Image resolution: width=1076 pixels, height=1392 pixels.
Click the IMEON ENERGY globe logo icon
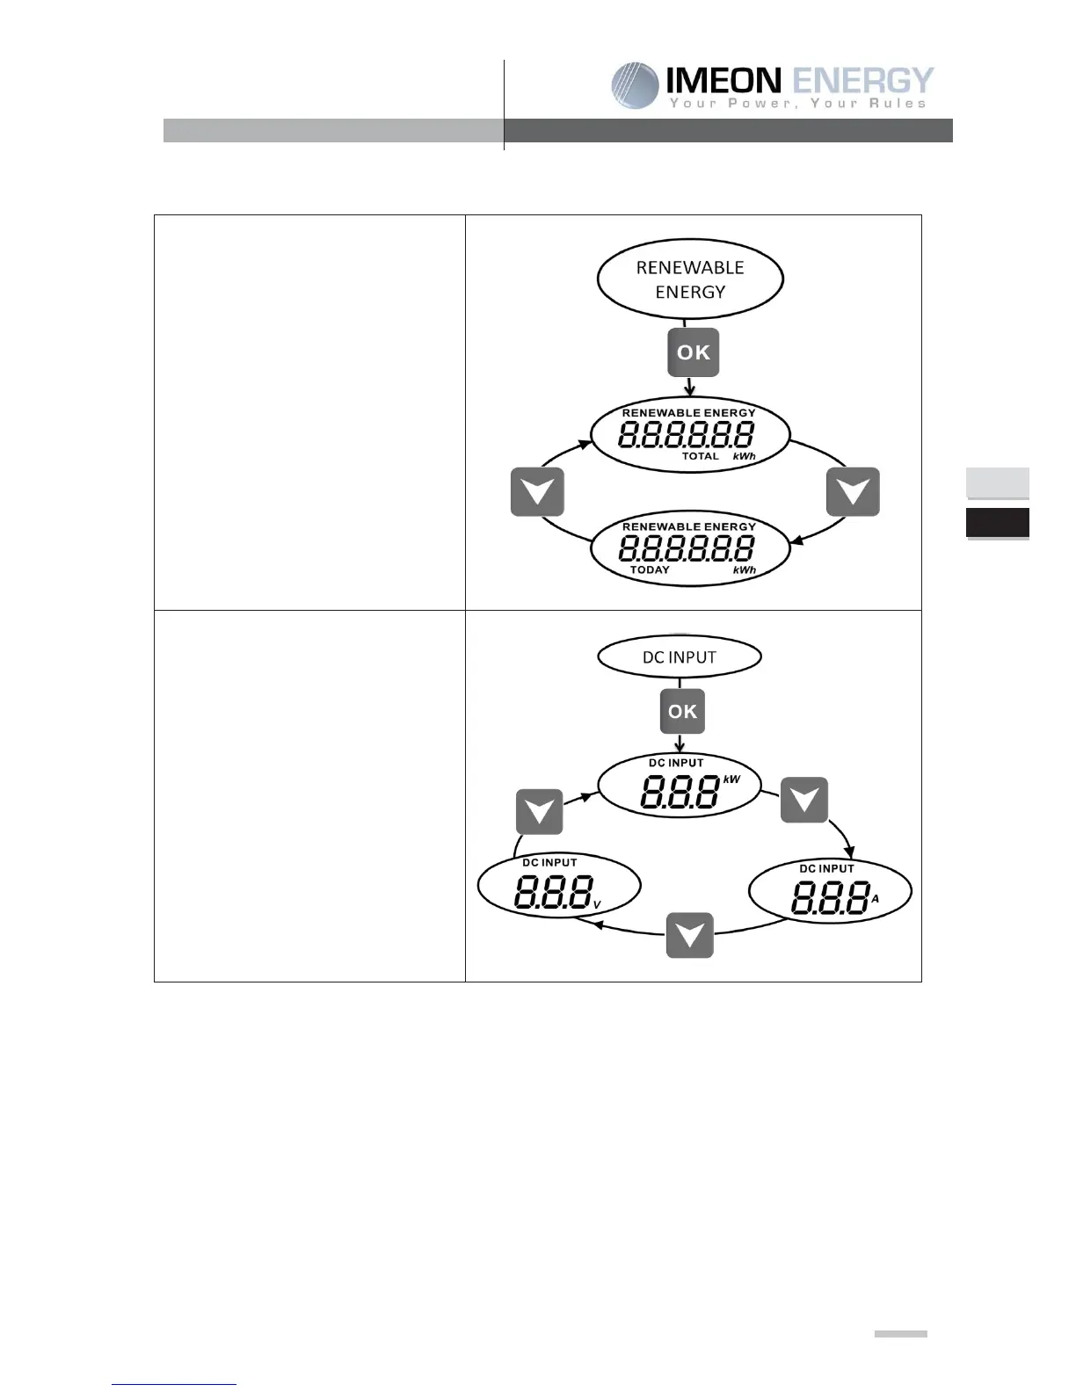tap(635, 85)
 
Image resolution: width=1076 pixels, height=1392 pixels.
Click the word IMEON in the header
tap(723, 82)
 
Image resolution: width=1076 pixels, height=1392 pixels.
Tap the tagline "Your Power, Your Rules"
tap(797, 104)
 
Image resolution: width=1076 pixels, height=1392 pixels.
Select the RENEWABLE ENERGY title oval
tap(690, 279)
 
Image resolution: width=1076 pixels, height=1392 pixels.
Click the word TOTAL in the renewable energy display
tap(701, 456)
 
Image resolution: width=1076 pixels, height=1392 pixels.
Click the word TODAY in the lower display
tap(650, 569)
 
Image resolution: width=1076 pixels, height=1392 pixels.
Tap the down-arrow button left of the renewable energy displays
tap(537, 491)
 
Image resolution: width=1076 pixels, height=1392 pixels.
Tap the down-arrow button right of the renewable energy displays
tap(853, 491)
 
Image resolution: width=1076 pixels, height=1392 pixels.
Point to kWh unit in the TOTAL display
tap(744, 456)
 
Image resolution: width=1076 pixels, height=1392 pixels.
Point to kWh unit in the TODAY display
tap(744, 569)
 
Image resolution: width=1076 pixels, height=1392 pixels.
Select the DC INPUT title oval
tap(680, 657)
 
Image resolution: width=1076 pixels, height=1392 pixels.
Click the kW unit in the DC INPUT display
tap(731, 779)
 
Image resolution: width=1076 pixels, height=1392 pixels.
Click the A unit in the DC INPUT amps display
tap(875, 898)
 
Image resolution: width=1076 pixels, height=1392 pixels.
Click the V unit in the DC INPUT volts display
tap(597, 904)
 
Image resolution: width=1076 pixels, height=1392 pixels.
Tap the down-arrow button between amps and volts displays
tap(689, 935)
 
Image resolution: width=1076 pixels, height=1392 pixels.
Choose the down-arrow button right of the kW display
tap(804, 800)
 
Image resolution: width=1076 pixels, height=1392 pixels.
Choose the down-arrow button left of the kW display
tap(539, 812)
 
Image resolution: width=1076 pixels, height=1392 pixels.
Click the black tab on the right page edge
tap(998, 522)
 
